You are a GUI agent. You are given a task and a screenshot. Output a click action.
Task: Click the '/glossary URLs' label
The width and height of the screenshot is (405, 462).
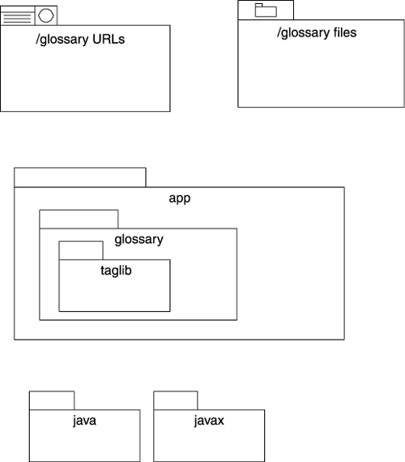[x=80, y=40]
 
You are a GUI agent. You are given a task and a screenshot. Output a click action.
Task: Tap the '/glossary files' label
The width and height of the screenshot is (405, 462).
[x=317, y=33]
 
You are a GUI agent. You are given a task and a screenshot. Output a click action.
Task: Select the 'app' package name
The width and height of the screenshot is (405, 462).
[x=179, y=199]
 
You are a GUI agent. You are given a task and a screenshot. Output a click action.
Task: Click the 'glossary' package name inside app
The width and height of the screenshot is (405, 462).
[x=139, y=240]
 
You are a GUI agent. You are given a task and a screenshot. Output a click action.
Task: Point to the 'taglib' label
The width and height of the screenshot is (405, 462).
[x=116, y=271]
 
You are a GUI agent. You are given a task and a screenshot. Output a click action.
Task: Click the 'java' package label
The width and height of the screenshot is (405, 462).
[x=84, y=421]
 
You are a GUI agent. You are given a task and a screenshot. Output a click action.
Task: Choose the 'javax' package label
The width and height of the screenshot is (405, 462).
[x=209, y=421]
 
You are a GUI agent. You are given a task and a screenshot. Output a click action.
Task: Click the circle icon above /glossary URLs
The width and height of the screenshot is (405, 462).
[x=46, y=15]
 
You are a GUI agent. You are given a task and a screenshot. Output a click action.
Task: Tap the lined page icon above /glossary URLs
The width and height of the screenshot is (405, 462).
[x=17, y=15]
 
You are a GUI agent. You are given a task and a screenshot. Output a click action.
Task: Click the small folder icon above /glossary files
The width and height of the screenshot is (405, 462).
[x=266, y=11]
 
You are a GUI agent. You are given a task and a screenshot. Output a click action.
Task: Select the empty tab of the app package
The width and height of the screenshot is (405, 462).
[x=80, y=178]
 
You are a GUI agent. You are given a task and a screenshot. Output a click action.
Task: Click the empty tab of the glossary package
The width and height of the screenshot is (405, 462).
[x=79, y=219]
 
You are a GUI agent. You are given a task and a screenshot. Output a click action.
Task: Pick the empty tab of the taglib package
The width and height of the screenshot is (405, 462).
[x=81, y=250]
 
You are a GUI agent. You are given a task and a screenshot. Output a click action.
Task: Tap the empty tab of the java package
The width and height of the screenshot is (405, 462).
[x=52, y=400]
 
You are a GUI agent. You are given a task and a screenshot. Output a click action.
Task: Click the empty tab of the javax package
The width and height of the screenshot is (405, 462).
[x=176, y=400]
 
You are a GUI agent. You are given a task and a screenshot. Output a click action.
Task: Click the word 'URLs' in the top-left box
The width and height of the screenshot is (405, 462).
[x=109, y=39]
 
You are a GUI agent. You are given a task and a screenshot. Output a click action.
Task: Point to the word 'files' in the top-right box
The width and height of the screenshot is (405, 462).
[x=345, y=32]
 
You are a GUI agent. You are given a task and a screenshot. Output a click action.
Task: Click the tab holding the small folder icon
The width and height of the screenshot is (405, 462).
[x=266, y=11]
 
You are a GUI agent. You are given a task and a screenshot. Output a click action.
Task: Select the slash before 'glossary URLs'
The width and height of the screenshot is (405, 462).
[x=37, y=40]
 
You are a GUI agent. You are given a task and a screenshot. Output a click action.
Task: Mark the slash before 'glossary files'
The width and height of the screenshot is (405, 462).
[x=279, y=32]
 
